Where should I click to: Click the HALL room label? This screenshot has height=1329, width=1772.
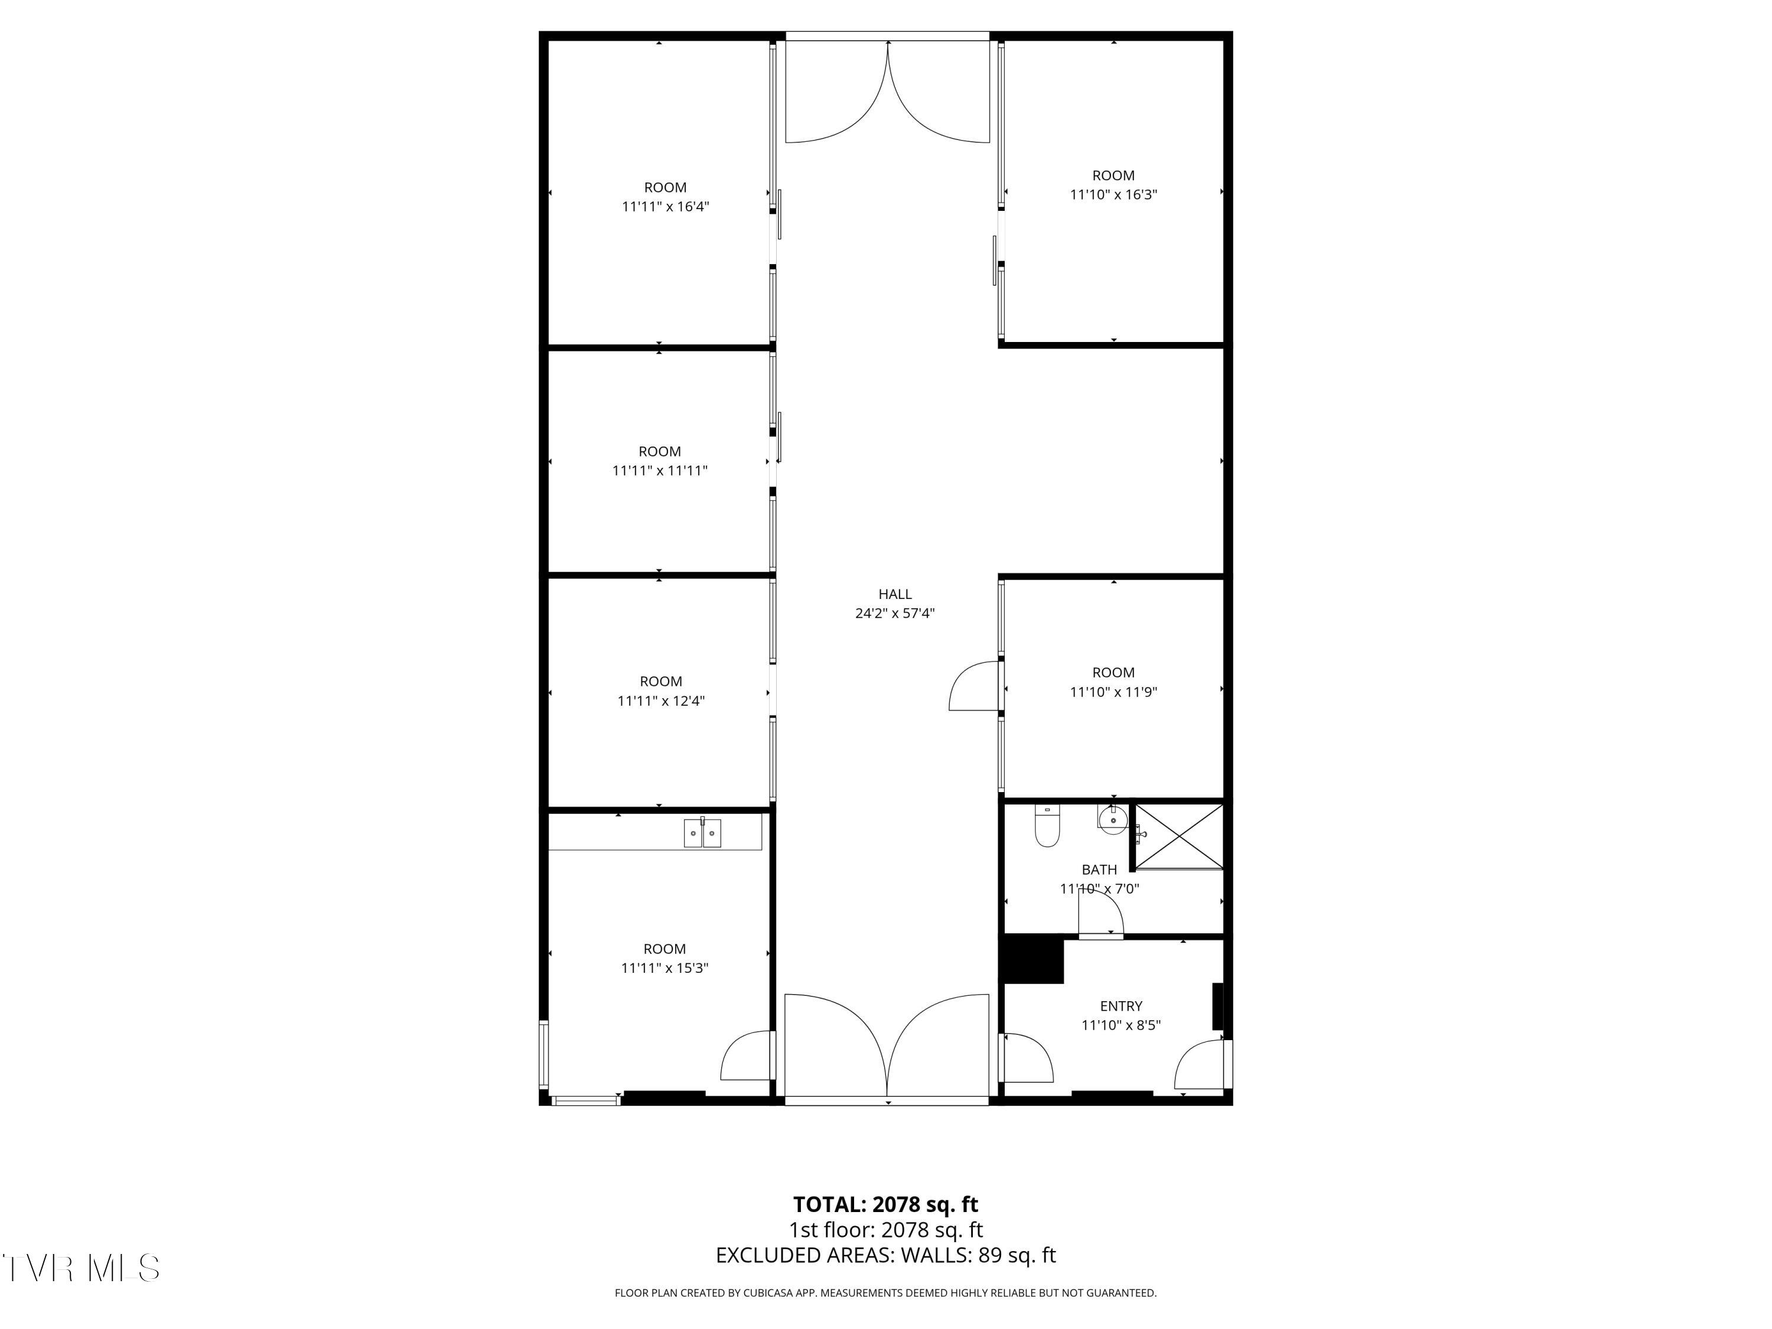[x=895, y=594]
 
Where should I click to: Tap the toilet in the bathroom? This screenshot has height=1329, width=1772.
[x=1047, y=827]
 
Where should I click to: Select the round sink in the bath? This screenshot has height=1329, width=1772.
[x=1113, y=820]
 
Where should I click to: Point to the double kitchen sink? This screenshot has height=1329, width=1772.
[x=702, y=833]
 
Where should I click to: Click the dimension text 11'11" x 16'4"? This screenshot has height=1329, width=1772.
[x=665, y=207]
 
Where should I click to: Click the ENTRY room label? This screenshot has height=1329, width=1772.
[x=1120, y=1006]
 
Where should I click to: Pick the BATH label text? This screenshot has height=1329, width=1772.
[x=1099, y=869]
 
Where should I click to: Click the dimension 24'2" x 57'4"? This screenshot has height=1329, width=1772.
[x=895, y=614]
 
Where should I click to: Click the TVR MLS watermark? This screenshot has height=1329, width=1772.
[x=80, y=1268]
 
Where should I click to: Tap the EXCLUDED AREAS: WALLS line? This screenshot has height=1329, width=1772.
[x=885, y=1255]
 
